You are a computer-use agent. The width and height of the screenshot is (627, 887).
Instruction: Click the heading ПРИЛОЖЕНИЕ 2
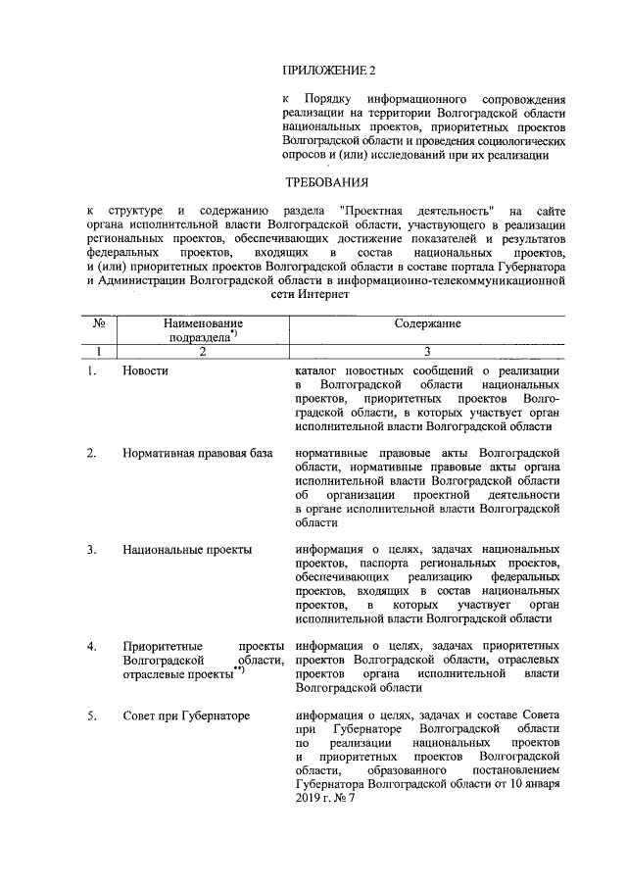pyautogui.click(x=328, y=70)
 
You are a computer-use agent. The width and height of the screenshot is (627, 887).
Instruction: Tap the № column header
pyautogui.click(x=99, y=323)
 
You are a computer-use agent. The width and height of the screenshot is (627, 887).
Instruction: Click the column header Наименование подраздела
pyautogui.click(x=203, y=330)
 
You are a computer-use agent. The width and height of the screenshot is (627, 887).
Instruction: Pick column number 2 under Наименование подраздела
pyautogui.click(x=203, y=352)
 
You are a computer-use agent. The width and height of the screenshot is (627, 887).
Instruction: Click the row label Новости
pyautogui.click(x=146, y=371)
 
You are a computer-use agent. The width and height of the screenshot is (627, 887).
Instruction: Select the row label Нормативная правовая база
pyautogui.click(x=196, y=454)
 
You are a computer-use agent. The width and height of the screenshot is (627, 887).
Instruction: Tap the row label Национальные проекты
pyautogui.click(x=187, y=550)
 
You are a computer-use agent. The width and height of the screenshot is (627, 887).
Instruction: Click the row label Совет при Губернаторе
pyautogui.click(x=186, y=715)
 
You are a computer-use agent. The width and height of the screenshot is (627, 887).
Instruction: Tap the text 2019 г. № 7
pyautogui.click(x=322, y=800)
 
